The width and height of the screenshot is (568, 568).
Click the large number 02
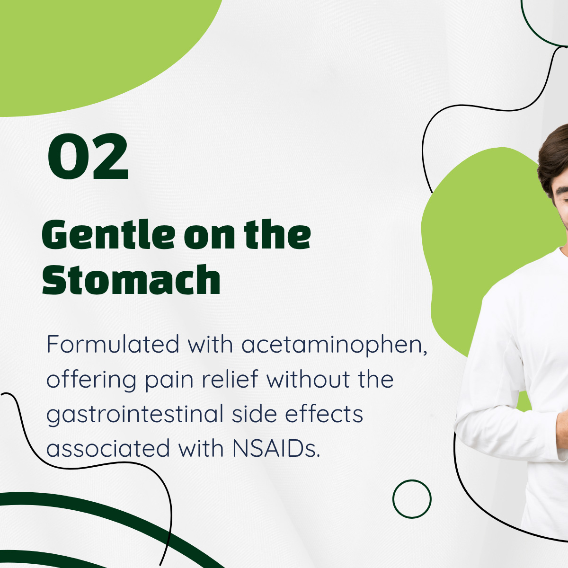[88, 156]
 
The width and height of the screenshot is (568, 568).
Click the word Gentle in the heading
[108, 234]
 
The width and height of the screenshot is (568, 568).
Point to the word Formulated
[113, 344]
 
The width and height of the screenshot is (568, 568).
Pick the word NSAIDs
[276, 448]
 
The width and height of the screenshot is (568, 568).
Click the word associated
[108, 448]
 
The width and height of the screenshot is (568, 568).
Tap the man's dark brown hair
[553, 159]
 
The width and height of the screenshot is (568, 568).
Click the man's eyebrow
[562, 189]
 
